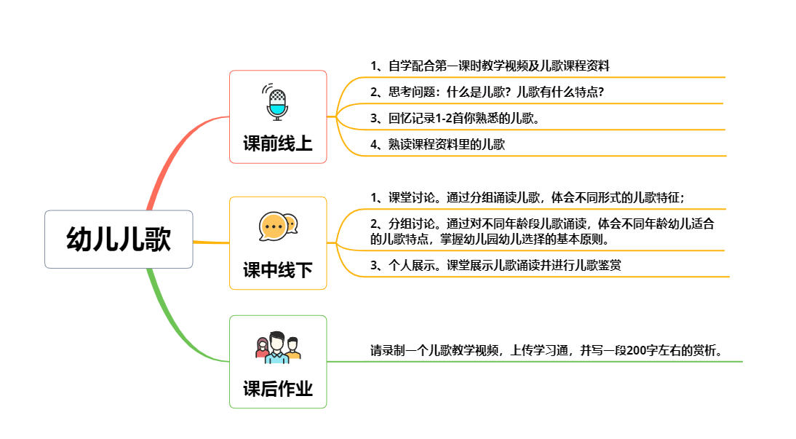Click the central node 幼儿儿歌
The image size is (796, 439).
point(119,240)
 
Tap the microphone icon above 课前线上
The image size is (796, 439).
point(277,102)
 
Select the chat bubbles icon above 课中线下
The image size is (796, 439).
point(278,226)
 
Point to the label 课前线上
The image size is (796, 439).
point(278,143)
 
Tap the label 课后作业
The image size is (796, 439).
point(278,389)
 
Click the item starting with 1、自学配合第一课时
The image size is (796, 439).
point(490,66)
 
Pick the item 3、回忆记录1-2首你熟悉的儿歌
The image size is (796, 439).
point(455,118)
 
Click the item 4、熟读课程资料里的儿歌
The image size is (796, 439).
point(437,144)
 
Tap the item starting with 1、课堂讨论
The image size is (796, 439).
point(528,197)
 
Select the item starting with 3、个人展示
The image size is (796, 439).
point(495,266)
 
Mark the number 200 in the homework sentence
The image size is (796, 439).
point(636,350)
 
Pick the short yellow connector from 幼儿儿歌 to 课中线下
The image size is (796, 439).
point(211,242)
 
